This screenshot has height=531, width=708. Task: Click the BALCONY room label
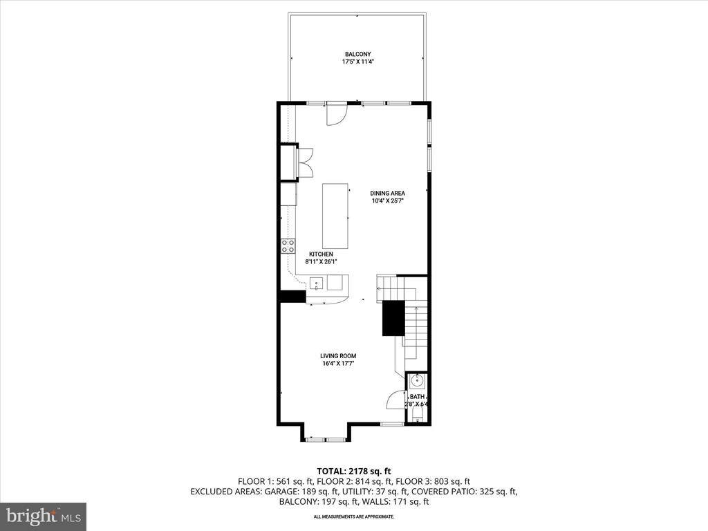point(357,54)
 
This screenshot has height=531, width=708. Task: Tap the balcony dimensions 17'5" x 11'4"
point(357,62)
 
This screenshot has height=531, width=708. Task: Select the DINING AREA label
point(387,193)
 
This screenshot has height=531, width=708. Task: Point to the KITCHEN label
point(322,254)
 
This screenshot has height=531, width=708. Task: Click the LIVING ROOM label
point(338,356)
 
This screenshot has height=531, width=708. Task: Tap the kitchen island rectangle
point(335,216)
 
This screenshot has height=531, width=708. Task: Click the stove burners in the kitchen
point(288,246)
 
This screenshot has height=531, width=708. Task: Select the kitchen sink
point(316,282)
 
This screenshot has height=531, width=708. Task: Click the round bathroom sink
point(418,381)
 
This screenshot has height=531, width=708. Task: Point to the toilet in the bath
point(418,414)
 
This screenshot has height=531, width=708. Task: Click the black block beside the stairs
point(393,318)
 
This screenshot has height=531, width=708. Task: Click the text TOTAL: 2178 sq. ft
point(354,471)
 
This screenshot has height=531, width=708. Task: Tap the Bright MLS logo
point(43,516)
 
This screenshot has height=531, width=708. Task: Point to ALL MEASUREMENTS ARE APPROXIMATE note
point(354,516)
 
